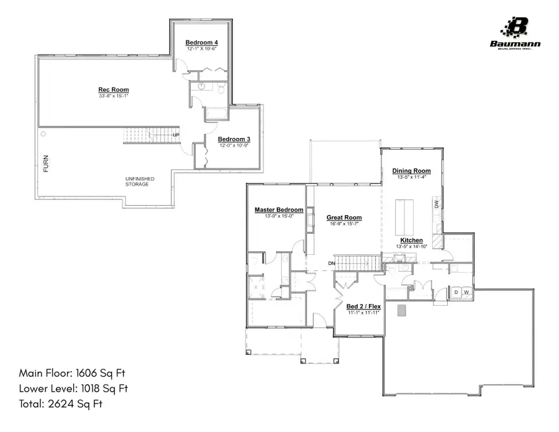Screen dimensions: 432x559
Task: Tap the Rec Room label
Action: [x=114, y=90]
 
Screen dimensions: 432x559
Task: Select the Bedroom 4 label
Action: [x=201, y=42]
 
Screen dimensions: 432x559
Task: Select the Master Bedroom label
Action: [x=279, y=210]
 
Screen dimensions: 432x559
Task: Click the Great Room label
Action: [x=344, y=218]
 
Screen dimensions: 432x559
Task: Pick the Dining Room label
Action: [x=411, y=170]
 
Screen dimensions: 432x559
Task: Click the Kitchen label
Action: [x=411, y=240]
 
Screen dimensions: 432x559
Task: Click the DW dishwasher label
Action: [x=437, y=204]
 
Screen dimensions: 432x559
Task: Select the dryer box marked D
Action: [x=456, y=292]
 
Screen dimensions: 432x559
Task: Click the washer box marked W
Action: [x=466, y=292]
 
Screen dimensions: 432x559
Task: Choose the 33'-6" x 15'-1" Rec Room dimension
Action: [x=114, y=96]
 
